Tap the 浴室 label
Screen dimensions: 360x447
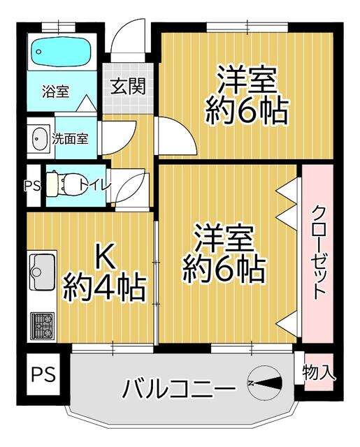[x=55, y=91]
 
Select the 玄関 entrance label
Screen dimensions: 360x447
[x=128, y=87]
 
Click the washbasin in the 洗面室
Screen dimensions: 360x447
[x=40, y=138]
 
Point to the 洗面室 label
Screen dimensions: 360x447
[x=70, y=139]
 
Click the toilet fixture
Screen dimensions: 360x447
[x=66, y=184]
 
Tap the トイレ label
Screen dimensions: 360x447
[x=95, y=185]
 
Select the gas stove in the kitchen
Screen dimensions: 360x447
[x=42, y=325]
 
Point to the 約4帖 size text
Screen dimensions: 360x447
[x=104, y=287]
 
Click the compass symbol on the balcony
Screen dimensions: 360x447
[x=265, y=383]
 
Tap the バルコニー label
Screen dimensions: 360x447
[x=179, y=388]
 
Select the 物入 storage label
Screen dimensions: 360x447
[x=319, y=372]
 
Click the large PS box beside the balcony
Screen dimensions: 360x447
[x=43, y=374]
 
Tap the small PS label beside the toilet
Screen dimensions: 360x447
[x=33, y=186]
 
